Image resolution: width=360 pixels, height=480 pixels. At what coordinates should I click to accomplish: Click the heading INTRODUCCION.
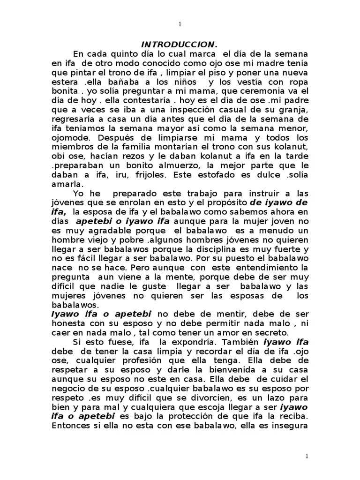pyautogui.click(x=180, y=45)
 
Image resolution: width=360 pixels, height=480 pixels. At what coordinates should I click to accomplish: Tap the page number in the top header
pyautogui.click(x=180, y=24)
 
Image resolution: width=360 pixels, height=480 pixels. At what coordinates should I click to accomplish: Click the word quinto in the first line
pyautogui.click(x=122, y=54)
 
